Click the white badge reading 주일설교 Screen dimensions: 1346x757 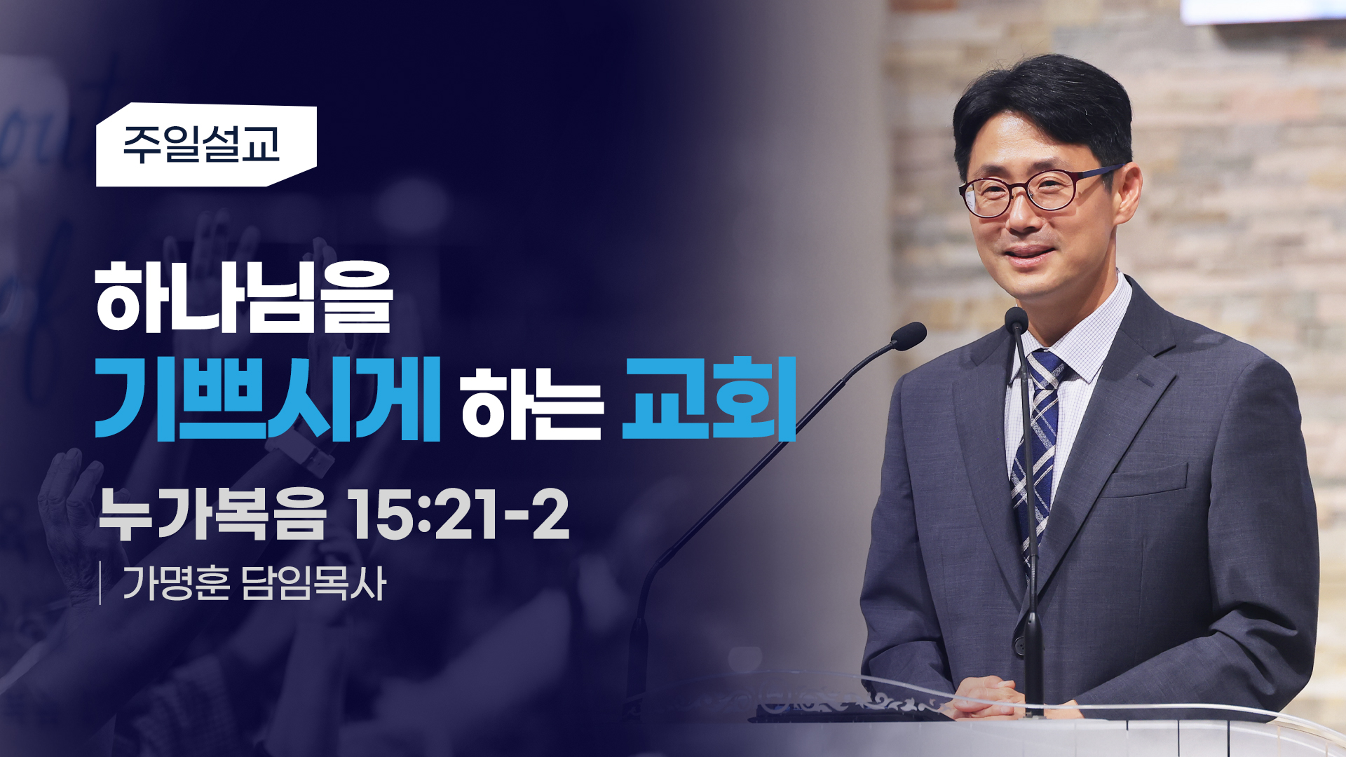click(206, 145)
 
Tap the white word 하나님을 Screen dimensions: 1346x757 click(243, 298)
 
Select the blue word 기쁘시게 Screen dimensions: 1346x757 click(267, 399)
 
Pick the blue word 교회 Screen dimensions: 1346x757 click(709, 399)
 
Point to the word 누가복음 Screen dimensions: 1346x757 click(212, 514)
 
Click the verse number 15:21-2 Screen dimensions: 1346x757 click(458, 514)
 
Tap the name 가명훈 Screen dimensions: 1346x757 click(176, 583)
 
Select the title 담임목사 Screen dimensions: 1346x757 click(313, 583)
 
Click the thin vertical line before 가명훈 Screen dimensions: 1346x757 click(101, 582)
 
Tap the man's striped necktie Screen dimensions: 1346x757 click(1037, 449)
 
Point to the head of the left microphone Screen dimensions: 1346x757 click(909, 336)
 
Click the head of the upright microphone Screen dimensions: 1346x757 click(1016, 320)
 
